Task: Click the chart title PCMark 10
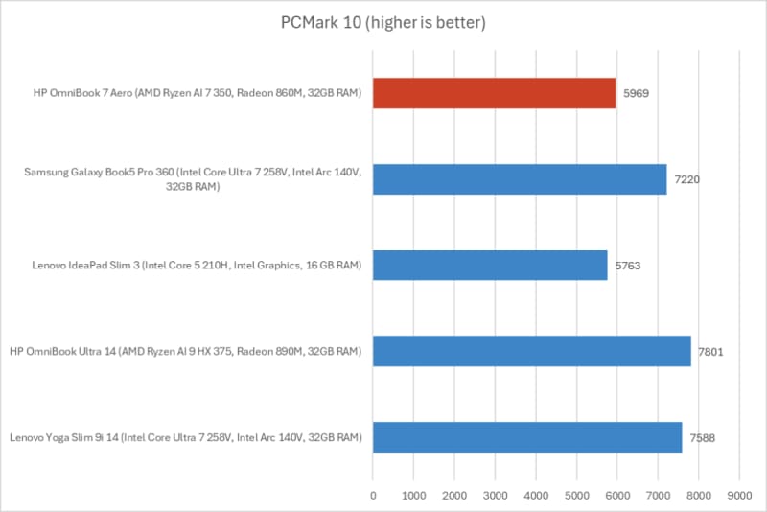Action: click(383, 22)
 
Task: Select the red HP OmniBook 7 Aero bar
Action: click(494, 93)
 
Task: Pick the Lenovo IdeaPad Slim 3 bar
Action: click(490, 266)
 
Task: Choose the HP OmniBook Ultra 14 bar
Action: click(531, 351)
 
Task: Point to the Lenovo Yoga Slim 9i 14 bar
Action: click(527, 437)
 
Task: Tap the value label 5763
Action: click(629, 266)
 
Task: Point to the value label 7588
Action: click(704, 437)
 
